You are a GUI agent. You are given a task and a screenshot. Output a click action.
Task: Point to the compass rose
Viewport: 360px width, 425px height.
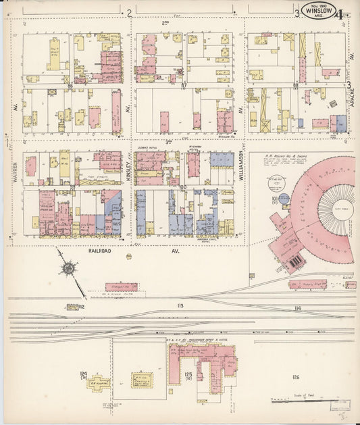tap(68, 269)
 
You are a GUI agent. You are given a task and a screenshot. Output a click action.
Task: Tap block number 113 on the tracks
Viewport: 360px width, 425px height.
tap(180, 306)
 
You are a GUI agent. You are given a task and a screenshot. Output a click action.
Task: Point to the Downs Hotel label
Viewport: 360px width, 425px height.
tap(147, 146)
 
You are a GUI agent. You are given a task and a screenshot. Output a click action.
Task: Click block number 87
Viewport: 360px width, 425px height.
tap(183, 86)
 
